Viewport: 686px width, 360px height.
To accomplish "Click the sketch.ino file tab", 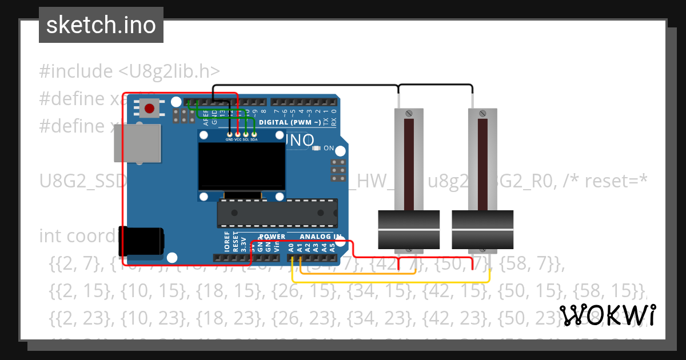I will (x=101, y=25).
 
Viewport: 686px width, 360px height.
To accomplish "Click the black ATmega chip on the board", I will (x=277, y=213).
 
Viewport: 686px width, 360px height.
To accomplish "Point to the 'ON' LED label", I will (x=329, y=148).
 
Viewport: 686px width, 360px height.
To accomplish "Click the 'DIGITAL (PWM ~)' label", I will (x=289, y=122).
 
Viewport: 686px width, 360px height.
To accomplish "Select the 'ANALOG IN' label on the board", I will (x=321, y=237).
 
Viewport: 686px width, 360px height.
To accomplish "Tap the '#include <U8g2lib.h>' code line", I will (x=129, y=71).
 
